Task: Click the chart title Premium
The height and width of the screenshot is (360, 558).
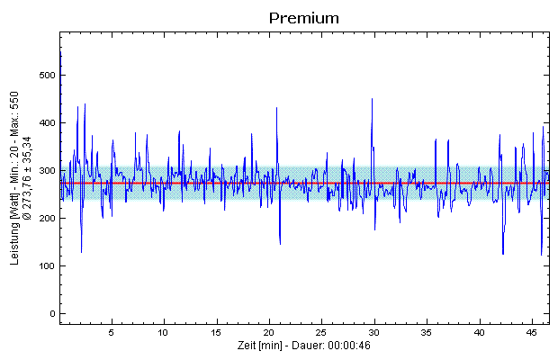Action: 303,17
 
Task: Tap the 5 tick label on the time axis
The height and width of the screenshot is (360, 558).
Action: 111,332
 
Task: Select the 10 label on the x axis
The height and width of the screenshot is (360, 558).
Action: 163,332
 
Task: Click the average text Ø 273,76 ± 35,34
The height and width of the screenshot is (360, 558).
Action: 28,177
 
